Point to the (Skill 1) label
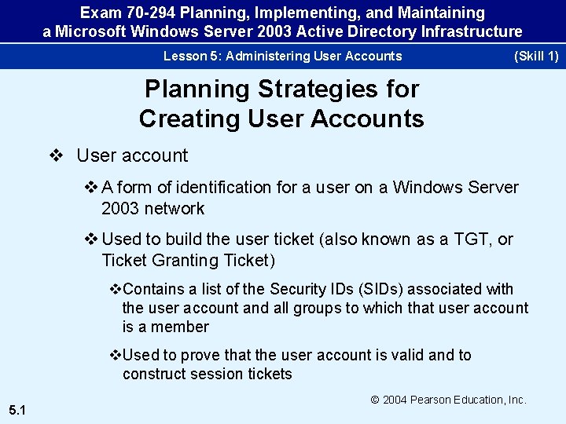coord(535,56)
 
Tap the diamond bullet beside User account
coord(56,155)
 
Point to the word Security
coord(297,290)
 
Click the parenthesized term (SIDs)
coord(380,290)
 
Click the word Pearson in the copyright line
coord(439,400)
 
